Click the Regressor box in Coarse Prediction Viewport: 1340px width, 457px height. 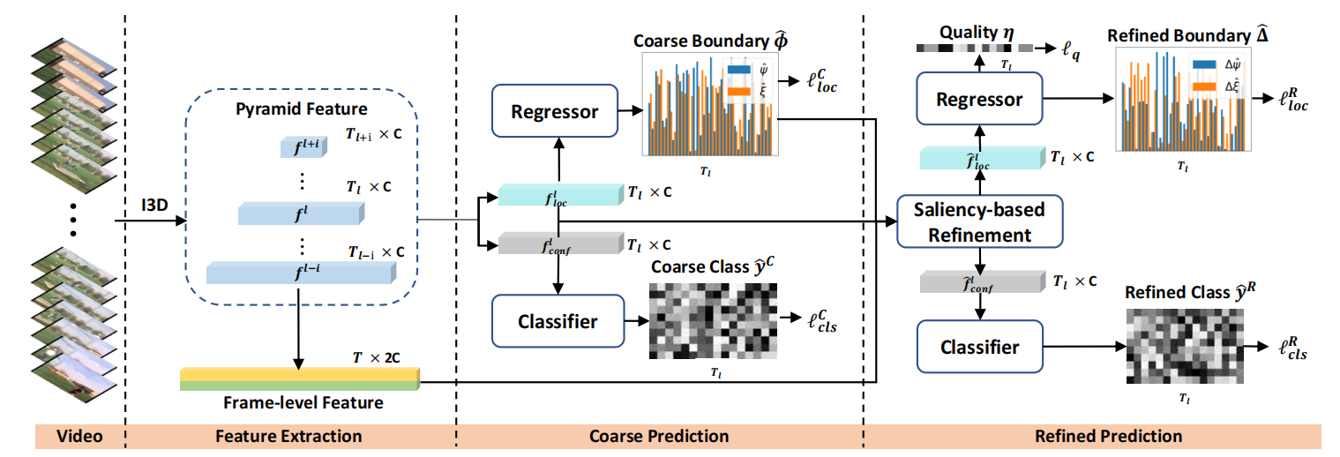tap(555, 110)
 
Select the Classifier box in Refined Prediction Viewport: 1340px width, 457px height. tap(980, 347)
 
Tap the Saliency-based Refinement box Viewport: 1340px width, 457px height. tap(980, 221)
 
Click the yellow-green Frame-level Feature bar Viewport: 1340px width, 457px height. tap(300, 379)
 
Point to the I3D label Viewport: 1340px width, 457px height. tap(154, 206)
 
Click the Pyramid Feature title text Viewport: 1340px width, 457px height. tap(302, 109)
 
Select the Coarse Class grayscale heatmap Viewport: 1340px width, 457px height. tap(713, 321)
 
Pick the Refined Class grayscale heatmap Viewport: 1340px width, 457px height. tap(1185, 347)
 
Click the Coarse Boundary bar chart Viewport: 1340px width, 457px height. tap(710, 104)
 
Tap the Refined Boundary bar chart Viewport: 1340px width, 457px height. tap(1183, 100)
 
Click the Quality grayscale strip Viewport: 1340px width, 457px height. tap(975, 48)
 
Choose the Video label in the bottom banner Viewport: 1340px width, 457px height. tap(79, 436)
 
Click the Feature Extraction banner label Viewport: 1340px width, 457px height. tap(288, 436)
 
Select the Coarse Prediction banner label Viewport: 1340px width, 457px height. tap(659, 436)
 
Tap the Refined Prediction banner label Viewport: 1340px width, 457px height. tap(1109, 436)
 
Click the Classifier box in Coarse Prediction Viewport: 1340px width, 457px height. tap(558, 321)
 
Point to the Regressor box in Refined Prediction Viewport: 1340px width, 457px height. tap(979, 99)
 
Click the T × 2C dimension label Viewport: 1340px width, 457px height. tap(377, 357)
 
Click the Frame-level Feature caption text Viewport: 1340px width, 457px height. tap(303, 402)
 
